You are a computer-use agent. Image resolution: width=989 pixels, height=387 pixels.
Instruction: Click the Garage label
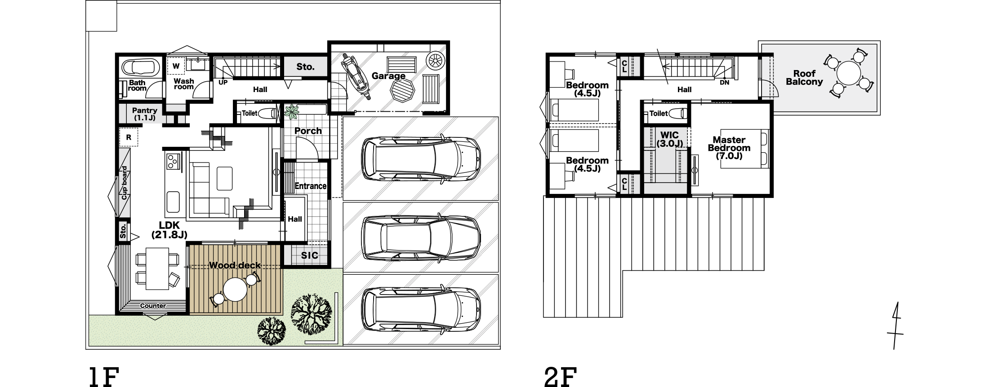pyautogui.click(x=388, y=76)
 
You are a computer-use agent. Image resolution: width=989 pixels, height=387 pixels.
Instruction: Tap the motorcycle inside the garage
pyautogui.click(x=355, y=77)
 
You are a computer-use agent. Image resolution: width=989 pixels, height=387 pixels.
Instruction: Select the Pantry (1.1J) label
pyautogui.click(x=145, y=114)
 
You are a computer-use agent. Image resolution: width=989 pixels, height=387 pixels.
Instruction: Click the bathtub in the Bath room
pyautogui.click(x=141, y=68)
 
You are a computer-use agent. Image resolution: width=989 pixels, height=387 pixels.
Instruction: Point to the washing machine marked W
pyautogui.click(x=176, y=66)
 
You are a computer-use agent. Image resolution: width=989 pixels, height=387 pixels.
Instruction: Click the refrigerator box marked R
pyautogui.click(x=129, y=137)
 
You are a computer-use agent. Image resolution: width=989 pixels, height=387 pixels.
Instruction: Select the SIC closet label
pyautogui.click(x=309, y=255)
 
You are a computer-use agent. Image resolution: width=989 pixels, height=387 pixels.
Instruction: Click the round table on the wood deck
pyautogui.click(x=235, y=290)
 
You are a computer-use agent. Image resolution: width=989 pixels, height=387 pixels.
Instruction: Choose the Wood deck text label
pyautogui.click(x=235, y=265)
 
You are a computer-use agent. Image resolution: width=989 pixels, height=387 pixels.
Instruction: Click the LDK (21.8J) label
pyautogui.click(x=169, y=229)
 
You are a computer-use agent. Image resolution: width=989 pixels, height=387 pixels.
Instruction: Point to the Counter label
pyautogui.click(x=153, y=306)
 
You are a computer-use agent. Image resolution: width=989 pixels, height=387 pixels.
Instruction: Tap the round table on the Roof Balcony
pyautogui.click(x=849, y=72)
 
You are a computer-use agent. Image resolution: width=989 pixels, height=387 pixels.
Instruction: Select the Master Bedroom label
pyautogui.click(x=729, y=148)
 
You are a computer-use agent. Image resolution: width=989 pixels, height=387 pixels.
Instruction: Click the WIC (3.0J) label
pyautogui.click(x=669, y=139)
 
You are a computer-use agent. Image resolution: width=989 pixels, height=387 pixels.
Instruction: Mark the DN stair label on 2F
pyautogui.click(x=724, y=83)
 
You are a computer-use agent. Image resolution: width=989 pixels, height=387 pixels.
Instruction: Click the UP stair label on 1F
pyautogui.click(x=223, y=83)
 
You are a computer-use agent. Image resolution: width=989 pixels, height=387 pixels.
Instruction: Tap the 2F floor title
pyautogui.click(x=560, y=377)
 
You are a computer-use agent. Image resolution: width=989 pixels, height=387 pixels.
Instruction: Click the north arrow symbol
pyautogui.click(x=895, y=325)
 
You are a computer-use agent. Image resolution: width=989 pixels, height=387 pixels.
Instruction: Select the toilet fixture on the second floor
pyautogui.click(x=678, y=113)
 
